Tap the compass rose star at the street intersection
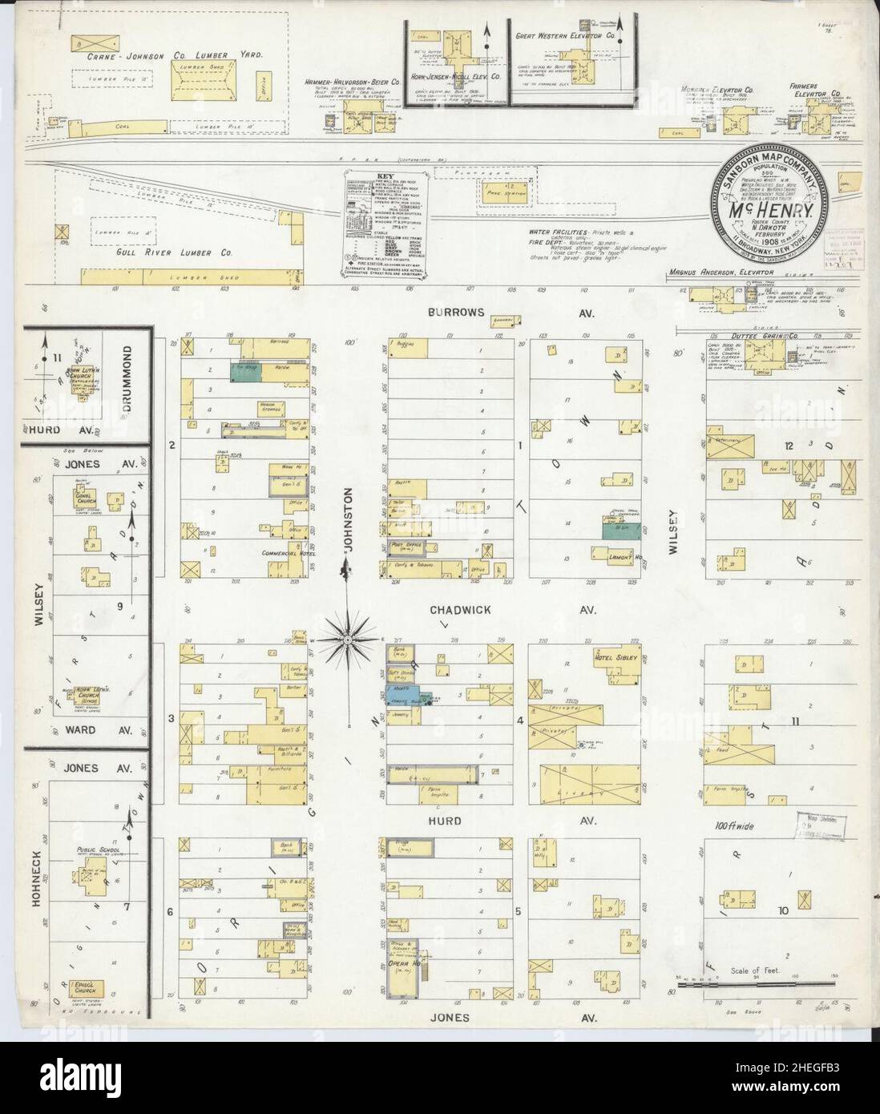pyautogui.click(x=347, y=640)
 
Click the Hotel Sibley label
pyautogui.click(x=613, y=659)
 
